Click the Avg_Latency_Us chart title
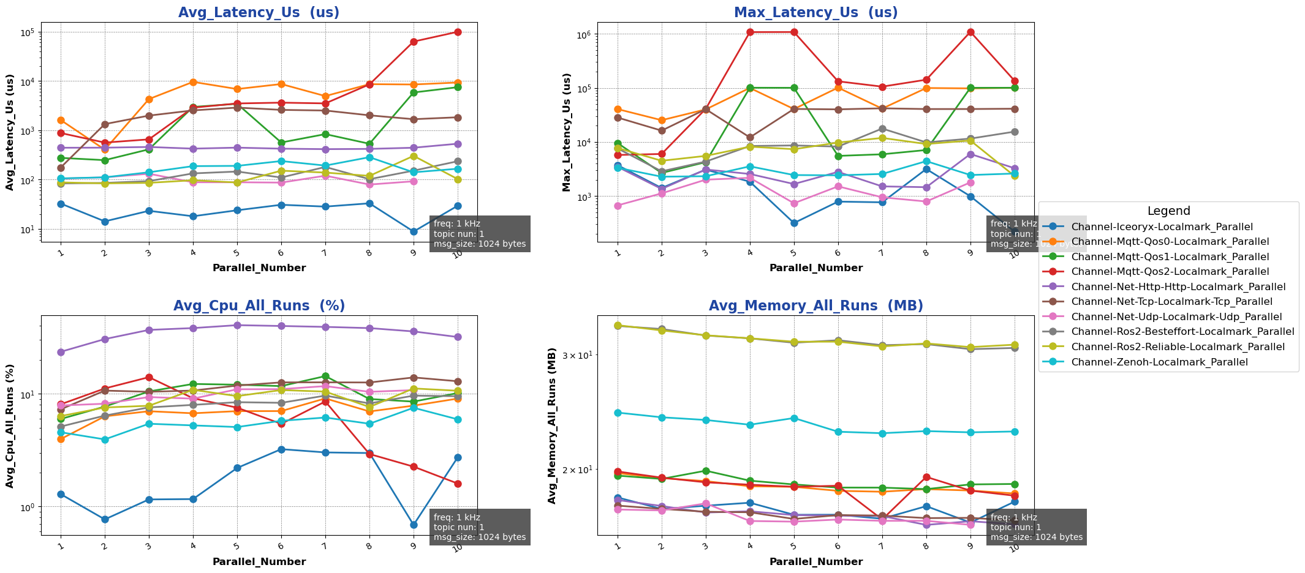pyautogui.click(x=259, y=13)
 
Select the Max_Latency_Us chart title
pyautogui.click(x=815, y=13)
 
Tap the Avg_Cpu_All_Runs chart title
pyautogui.click(x=259, y=306)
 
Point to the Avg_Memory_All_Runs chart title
pyautogui.click(x=815, y=306)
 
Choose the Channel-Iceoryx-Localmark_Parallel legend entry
pyautogui.click(x=1162, y=227)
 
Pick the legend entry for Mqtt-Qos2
pyautogui.click(x=1170, y=272)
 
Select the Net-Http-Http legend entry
pyautogui.click(x=1178, y=286)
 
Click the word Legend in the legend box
pyautogui.click(x=1168, y=211)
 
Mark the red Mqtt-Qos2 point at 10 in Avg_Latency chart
pyautogui.click(x=458, y=32)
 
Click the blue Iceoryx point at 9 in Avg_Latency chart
pyautogui.click(x=414, y=231)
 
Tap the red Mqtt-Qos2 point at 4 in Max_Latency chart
pyautogui.click(x=750, y=32)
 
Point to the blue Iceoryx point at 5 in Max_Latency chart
pyautogui.click(x=794, y=223)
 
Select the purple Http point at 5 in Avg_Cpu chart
pyautogui.click(x=237, y=325)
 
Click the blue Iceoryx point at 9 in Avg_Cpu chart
pyautogui.click(x=414, y=525)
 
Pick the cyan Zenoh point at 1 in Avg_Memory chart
pyautogui.click(x=618, y=413)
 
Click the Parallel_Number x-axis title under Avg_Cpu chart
pyautogui.click(x=259, y=561)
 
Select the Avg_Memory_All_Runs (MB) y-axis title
pyautogui.click(x=552, y=425)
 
